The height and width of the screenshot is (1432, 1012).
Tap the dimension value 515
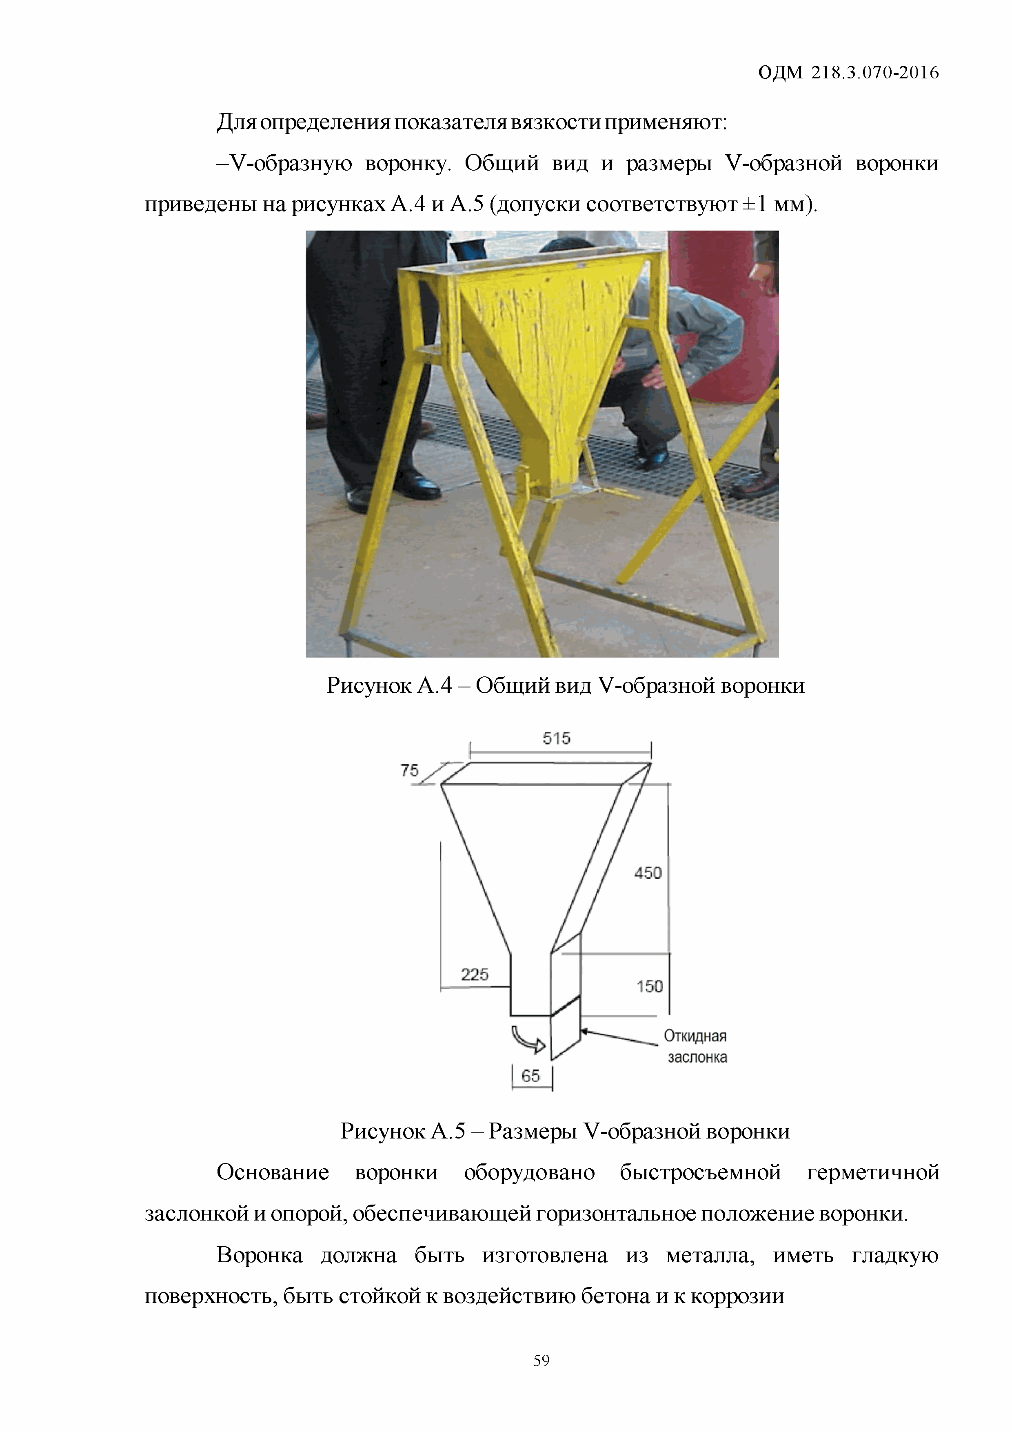[x=556, y=738]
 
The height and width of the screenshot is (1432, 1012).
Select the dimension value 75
[x=410, y=770]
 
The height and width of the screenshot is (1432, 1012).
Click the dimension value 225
[x=475, y=974]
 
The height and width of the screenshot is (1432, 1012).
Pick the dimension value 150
[x=650, y=986]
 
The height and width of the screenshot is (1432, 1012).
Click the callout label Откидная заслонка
[x=696, y=1047]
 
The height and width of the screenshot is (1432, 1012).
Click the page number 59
[x=541, y=1360]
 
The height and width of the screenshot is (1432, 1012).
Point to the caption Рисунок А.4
[x=388, y=685]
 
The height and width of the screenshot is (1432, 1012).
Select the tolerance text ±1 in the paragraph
[x=755, y=204]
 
